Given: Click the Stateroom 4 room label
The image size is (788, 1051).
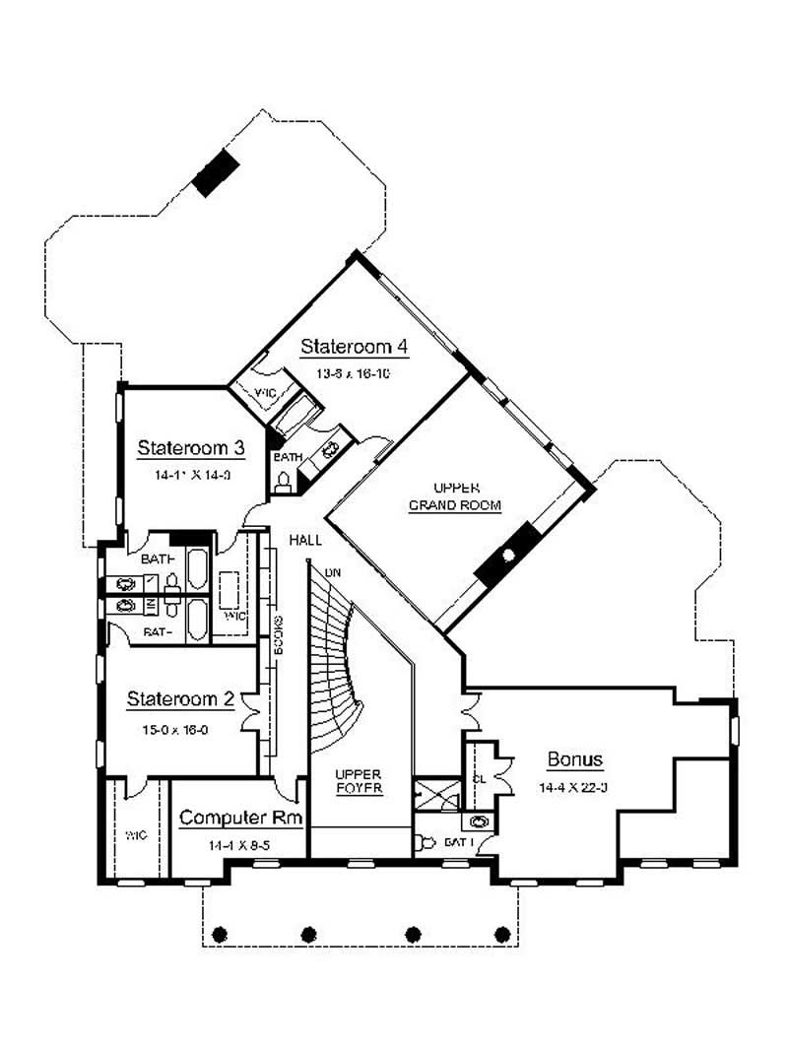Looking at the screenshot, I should (x=354, y=347).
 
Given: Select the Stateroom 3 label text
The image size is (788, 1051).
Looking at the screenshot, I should (x=190, y=447).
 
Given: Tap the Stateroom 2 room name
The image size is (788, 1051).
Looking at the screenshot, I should (x=180, y=699).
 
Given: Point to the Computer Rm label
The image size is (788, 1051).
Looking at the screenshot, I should (x=240, y=818).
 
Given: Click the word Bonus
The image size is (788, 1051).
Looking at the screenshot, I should (x=574, y=759).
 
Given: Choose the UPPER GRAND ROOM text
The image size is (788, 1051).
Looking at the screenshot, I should (x=455, y=496).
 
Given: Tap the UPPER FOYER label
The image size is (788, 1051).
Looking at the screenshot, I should (x=358, y=781).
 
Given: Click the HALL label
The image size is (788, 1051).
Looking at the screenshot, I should (x=304, y=540).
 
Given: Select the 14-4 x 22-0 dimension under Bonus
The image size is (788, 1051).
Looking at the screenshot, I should (x=574, y=788).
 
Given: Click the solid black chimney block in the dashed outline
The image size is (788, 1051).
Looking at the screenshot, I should (x=216, y=174).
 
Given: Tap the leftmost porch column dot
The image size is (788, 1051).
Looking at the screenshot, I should (x=220, y=933).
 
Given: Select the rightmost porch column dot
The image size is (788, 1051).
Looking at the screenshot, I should (x=502, y=933).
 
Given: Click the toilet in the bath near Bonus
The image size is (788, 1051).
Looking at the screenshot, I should (x=425, y=843).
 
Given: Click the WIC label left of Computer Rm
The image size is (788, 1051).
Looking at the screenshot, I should (x=135, y=835).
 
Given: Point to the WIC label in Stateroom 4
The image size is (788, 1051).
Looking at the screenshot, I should (x=265, y=392).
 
